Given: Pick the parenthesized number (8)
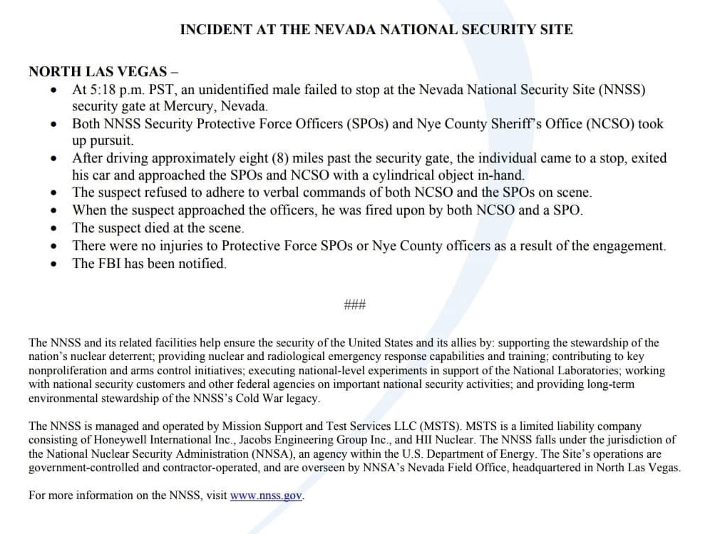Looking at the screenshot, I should pos(274,158).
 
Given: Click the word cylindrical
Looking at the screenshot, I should pos(369,175).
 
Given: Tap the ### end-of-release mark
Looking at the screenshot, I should pos(354,305).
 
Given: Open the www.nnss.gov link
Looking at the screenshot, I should pos(267,496).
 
